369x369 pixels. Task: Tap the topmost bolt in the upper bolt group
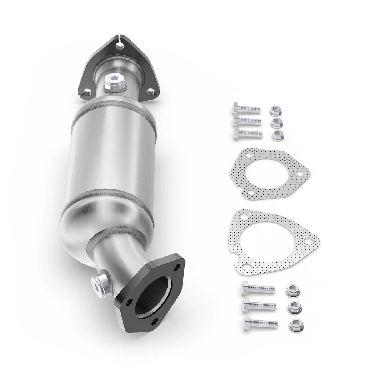[x=246, y=109]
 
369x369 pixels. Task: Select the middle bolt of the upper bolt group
[x=246, y=121]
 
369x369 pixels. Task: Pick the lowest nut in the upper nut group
[x=276, y=135]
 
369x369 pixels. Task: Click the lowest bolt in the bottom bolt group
[x=260, y=322]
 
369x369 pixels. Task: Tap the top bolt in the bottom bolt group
[x=257, y=288]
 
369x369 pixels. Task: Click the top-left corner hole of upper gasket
[x=248, y=156]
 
